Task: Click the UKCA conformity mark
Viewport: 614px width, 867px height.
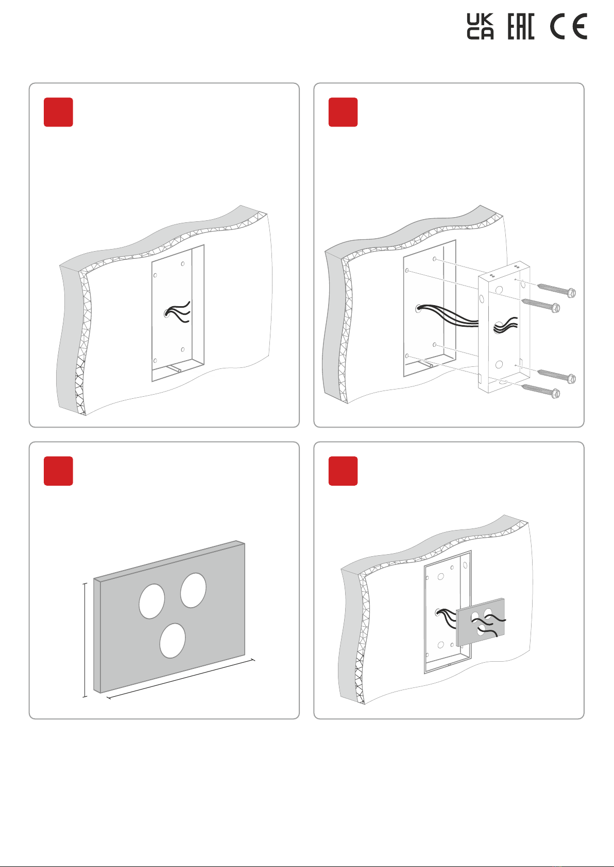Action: tap(480, 27)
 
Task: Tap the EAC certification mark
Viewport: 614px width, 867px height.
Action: tap(521, 27)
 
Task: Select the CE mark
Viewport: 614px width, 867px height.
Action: tap(569, 27)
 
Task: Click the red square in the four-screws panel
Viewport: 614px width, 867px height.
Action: tap(343, 112)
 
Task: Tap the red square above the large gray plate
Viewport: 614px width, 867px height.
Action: tap(58, 471)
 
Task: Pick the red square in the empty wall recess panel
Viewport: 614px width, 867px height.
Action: tap(58, 112)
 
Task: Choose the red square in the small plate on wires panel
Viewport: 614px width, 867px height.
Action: tap(343, 471)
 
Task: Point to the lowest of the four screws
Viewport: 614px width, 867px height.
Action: tap(541, 391)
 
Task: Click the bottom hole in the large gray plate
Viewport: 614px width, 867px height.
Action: tap(172, 641)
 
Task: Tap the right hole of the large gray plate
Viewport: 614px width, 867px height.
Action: tap(193, 590)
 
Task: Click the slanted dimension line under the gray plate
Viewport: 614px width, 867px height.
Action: tap(180, 679)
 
